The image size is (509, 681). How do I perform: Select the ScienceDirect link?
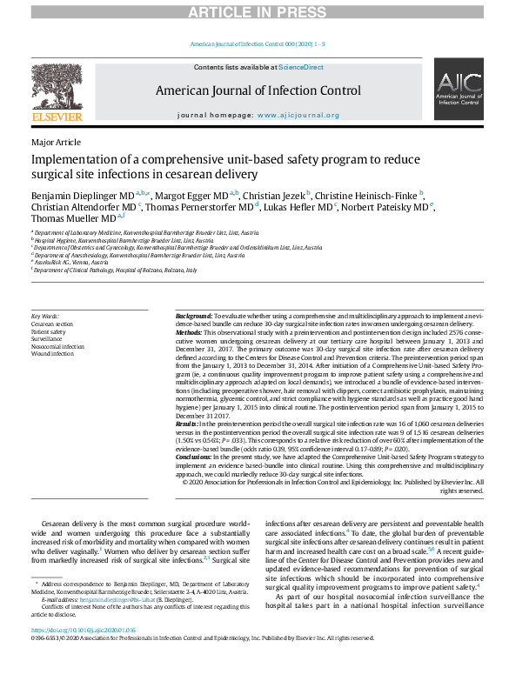(300, 67)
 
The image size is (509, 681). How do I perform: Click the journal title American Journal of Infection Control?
(258, 90)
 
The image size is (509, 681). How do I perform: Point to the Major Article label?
(56, 142)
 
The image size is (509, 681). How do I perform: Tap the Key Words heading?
(44, 316)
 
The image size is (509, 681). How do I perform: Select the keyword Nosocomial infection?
(57, 346)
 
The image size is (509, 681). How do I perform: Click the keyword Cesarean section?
(51, 324)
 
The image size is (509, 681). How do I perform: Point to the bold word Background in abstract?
(193, 316)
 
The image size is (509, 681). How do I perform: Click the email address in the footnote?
(121, 624)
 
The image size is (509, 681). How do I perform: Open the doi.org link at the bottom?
(83, 654)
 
